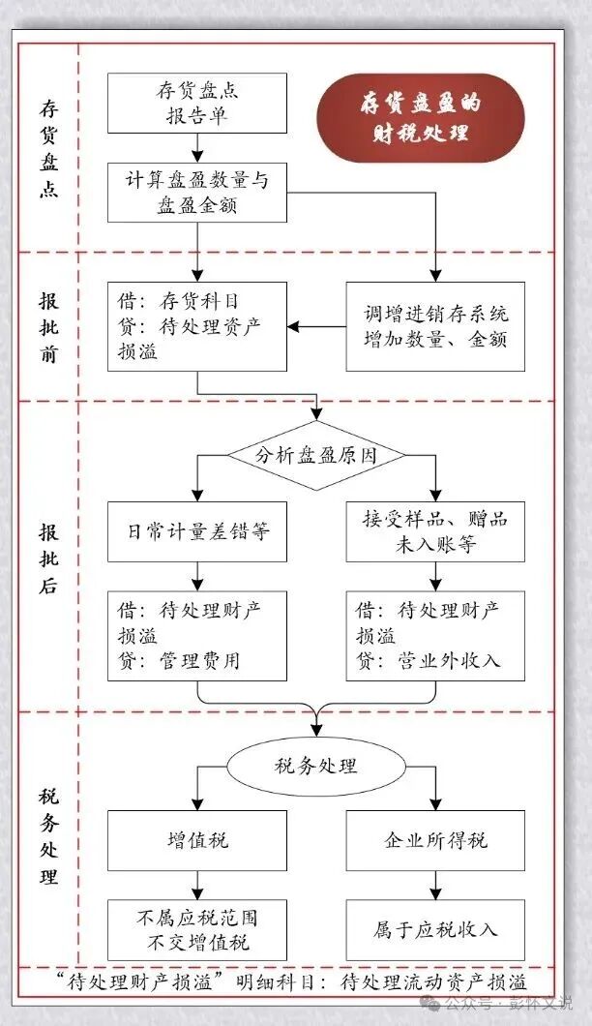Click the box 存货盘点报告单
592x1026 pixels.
point(197,104)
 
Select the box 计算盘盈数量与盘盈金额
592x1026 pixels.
point(197,193)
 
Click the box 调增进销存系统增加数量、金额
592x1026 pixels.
point(435,326)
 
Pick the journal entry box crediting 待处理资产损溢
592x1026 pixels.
point(197,326)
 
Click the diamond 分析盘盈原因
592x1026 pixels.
point(317,455)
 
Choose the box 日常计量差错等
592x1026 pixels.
point(197,531)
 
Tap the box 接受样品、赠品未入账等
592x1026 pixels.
point(435,531)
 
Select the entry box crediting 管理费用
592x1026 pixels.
point(197,636)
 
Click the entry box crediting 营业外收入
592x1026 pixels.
point(435,636)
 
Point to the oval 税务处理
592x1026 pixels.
point(317,766)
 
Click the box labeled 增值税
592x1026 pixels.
point(197,840)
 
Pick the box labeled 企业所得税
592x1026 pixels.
point(435,840)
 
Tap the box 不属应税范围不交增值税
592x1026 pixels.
point(197,929)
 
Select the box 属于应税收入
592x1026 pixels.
point(435,929)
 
